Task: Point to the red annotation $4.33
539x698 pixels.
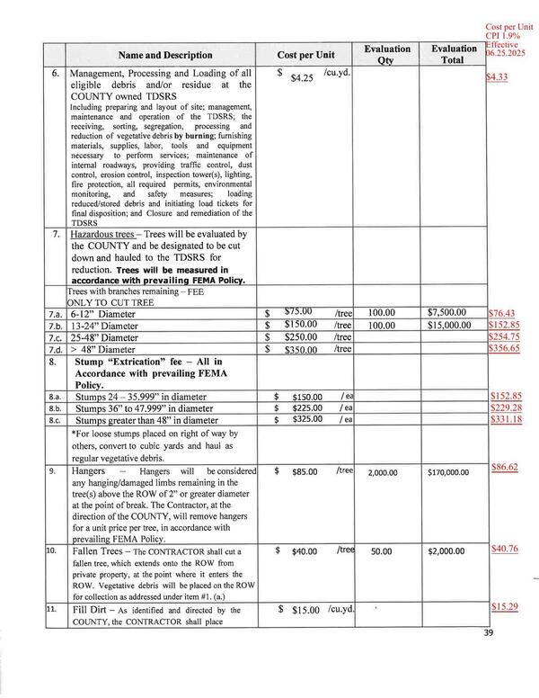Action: coord(496,78)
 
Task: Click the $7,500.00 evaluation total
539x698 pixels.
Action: coord(453,311)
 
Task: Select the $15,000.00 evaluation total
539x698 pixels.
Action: coord(453,324)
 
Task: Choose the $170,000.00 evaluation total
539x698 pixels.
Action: coord(453,470)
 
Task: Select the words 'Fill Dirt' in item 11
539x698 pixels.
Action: coord(94,610)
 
